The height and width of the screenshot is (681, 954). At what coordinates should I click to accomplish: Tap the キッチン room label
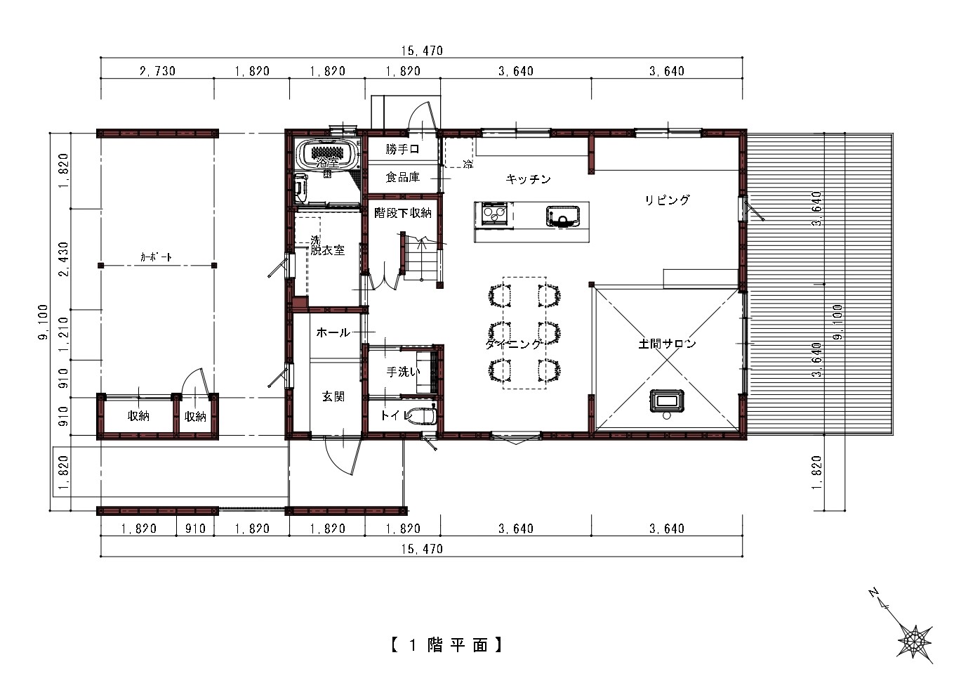[x=528, y=179]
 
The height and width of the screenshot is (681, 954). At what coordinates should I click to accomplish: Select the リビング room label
[x=668, y=200]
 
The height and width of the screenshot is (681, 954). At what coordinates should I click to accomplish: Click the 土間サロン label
[x=667, y=344]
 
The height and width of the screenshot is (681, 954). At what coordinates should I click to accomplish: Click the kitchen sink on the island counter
[x=562, y=215]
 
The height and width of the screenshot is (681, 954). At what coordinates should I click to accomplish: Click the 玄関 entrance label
[x=333, y=396]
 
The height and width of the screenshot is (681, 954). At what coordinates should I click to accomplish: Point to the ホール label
[x=333, y=332]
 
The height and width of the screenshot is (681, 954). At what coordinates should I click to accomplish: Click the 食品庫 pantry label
[x=402, y=177]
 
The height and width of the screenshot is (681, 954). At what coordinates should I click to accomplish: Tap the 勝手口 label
[x=402, y=150]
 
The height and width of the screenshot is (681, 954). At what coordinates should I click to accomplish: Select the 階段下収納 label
[x=402, y=212]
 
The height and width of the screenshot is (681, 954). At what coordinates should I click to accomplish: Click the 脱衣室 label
[x=328, y=249]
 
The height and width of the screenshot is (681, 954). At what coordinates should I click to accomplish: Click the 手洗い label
[x=403, y=372]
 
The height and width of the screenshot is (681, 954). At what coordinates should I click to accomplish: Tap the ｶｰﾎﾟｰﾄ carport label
[x=156, y=258]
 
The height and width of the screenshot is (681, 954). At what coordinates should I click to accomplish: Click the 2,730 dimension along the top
[x=157, y=71]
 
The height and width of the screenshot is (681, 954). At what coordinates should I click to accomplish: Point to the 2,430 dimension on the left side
[x=63, y=259]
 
